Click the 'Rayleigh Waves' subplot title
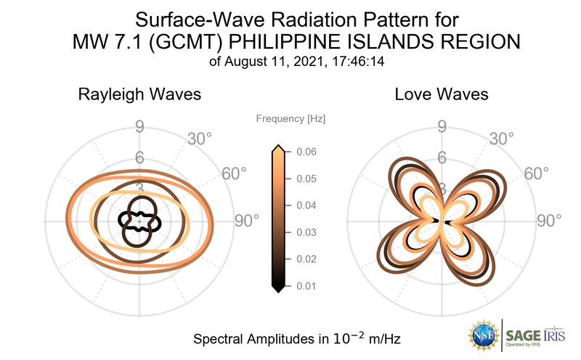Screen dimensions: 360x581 point(140,95)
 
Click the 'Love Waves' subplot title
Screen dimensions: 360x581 point(441,95)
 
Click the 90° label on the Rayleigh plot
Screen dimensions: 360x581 point(247,220)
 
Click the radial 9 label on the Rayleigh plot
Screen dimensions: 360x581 point(139,128)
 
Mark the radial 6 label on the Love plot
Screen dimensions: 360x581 point(441,157)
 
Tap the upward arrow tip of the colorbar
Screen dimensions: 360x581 point(277,148)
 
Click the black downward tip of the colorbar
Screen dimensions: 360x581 point(277,289)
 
